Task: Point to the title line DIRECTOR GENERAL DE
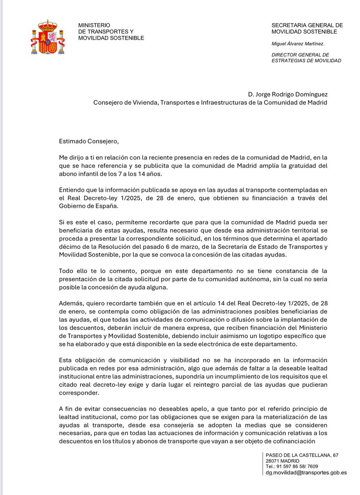coord(300,54)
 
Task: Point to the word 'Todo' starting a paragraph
coord(66,271)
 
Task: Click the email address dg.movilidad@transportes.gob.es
coord(306,473)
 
